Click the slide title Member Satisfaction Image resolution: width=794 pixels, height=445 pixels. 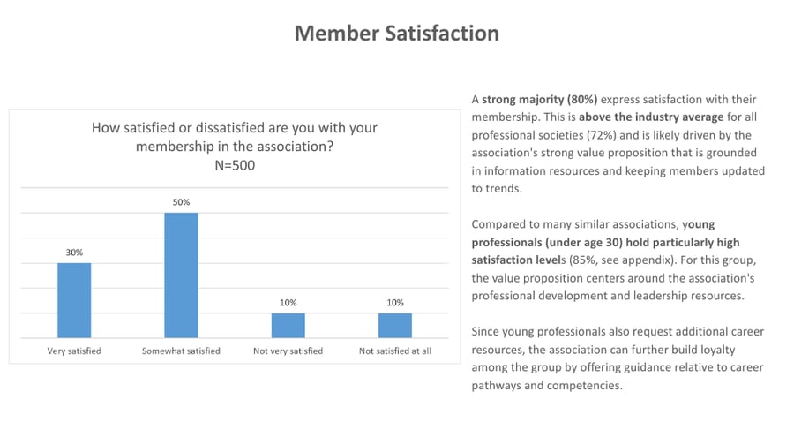[x=396, y=34]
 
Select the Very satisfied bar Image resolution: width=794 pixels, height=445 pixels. [x=74, y=300]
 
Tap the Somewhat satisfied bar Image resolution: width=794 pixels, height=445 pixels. [x=181, y=275]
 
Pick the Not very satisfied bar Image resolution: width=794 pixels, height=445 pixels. [x=288, y=325]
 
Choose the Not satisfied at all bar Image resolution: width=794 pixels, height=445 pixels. [x=394, y=325]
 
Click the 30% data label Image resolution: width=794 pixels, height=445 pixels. [x=74, y=253]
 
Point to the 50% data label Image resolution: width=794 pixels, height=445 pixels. [x=181, y=202]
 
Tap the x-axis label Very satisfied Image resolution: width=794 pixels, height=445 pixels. [x=74, y=351]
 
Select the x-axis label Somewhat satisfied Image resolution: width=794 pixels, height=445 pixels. [x=181, y=351]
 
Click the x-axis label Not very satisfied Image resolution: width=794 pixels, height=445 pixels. [x=288, y=351]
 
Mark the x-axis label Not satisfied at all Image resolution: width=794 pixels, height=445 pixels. [x=394, y=351]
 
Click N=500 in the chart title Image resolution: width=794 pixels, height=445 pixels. [x=235, y=165]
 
